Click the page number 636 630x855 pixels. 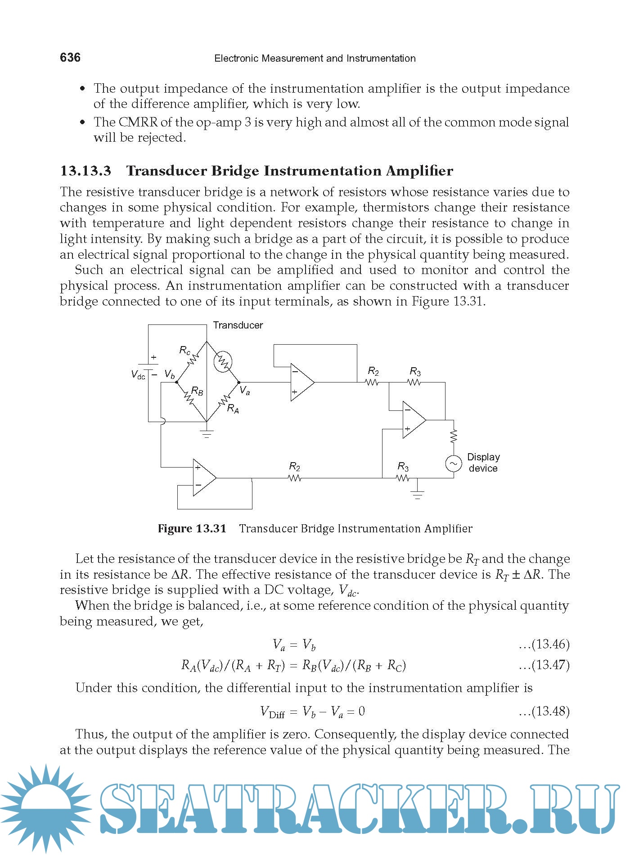(x=70, y=58)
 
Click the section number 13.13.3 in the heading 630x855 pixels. (x=85, y=171)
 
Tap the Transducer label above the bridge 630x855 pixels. (x=238, y=325)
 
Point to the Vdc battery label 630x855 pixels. (x=138, y=374)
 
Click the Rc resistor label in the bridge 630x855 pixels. (x=184, y=350)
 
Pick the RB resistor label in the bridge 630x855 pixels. (x=197, y=391)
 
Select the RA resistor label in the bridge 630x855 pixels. (x=233, y=409)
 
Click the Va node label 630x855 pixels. (x=244, y=390)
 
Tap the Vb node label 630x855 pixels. (x=170, y=374)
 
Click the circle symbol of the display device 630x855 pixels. (x=453, y=463)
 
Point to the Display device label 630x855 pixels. (x=483, y=463)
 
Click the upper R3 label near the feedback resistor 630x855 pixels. (x=415, y=372)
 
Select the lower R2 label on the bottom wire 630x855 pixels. (x=294, y=466)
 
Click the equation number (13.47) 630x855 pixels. (x=550, y=665)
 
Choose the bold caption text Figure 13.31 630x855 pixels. (x=192, y=529)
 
